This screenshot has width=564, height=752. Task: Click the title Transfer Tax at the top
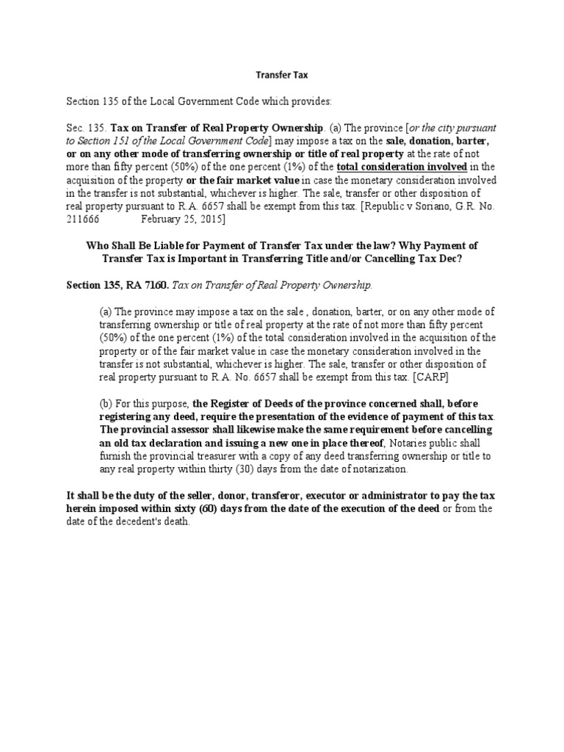click(281, 74)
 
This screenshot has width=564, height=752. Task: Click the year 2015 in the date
click(209, 220)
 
